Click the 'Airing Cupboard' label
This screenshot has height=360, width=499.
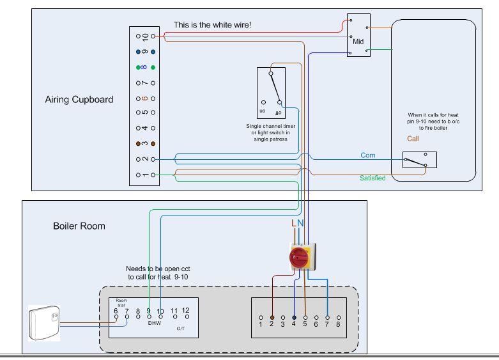pos(79,100)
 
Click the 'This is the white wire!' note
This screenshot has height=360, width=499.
pos(212,25)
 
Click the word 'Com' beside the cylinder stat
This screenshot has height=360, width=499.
pos(368,155)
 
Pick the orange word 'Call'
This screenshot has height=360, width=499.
pos(414,138)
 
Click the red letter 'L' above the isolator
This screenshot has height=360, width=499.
pos(294,223)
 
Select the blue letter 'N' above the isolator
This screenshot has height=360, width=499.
pos(301,223)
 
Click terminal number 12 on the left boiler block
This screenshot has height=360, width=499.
pos(186,311)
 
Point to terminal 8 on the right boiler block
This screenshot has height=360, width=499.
pos(338,325)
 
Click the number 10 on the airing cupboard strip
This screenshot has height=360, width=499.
pos(145,36)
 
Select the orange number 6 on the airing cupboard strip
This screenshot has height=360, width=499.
pos(145,98)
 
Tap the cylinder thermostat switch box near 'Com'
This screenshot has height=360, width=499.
pos(419,160)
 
